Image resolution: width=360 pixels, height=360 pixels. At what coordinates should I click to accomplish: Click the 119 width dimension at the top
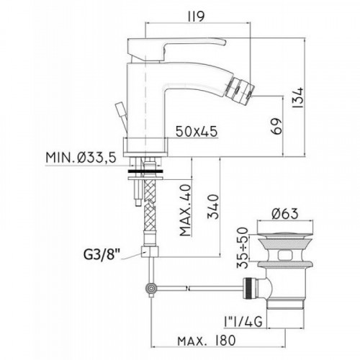point(197,16)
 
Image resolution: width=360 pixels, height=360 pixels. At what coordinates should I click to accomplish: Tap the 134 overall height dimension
point(298,98)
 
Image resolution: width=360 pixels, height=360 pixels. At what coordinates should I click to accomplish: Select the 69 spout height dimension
point(276,126)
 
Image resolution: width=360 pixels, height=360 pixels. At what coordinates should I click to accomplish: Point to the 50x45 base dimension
point(197,131)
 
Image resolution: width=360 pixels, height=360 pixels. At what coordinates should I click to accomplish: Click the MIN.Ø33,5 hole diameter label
point(81,158)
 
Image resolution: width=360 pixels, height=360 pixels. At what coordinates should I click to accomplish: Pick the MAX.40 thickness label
point(185,210)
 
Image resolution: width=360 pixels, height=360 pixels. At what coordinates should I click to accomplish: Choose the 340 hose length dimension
point(213,207)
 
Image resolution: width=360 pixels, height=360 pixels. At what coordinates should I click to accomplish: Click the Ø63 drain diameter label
point(285,213)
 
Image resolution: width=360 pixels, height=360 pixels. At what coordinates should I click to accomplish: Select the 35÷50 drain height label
point(243,248)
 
